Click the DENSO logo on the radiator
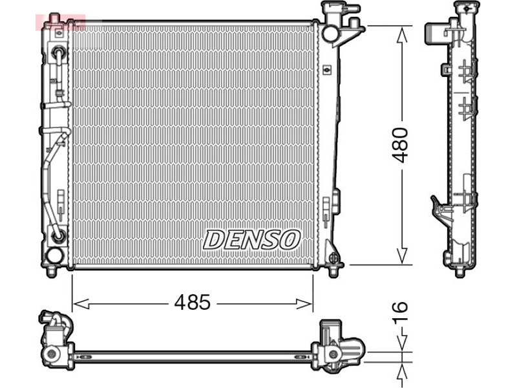click(x=251, y=240)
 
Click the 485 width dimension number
click(x=192, y=302)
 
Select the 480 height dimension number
click(x=401, y=145)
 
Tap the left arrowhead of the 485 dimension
click(x=80, y=304)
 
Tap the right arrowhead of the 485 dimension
click(x=304, y=304)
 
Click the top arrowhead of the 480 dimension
click(x=402, y=35)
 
